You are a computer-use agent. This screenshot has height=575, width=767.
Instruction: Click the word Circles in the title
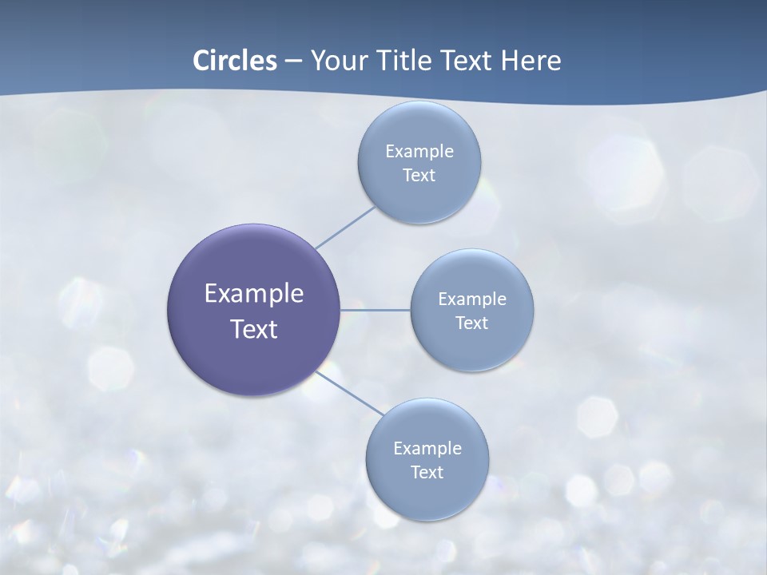pos(234,61)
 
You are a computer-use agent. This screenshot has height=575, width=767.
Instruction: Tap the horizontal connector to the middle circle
pos(375,310)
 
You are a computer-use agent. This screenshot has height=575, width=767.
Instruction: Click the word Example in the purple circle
pos(253,294)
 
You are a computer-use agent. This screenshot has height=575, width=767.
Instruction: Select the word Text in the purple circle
pos(253,329)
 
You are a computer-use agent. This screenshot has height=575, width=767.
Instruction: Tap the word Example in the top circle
pos(419,152)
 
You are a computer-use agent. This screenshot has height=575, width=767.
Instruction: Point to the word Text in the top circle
pos(419,176)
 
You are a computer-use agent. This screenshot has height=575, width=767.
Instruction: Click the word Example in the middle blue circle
pos(471,299)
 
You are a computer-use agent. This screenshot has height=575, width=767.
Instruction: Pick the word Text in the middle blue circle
pos(471,323)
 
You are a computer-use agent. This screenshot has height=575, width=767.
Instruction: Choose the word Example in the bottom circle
pos(427,449)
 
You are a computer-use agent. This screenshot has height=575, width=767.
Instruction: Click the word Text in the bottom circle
pos(427,473)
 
